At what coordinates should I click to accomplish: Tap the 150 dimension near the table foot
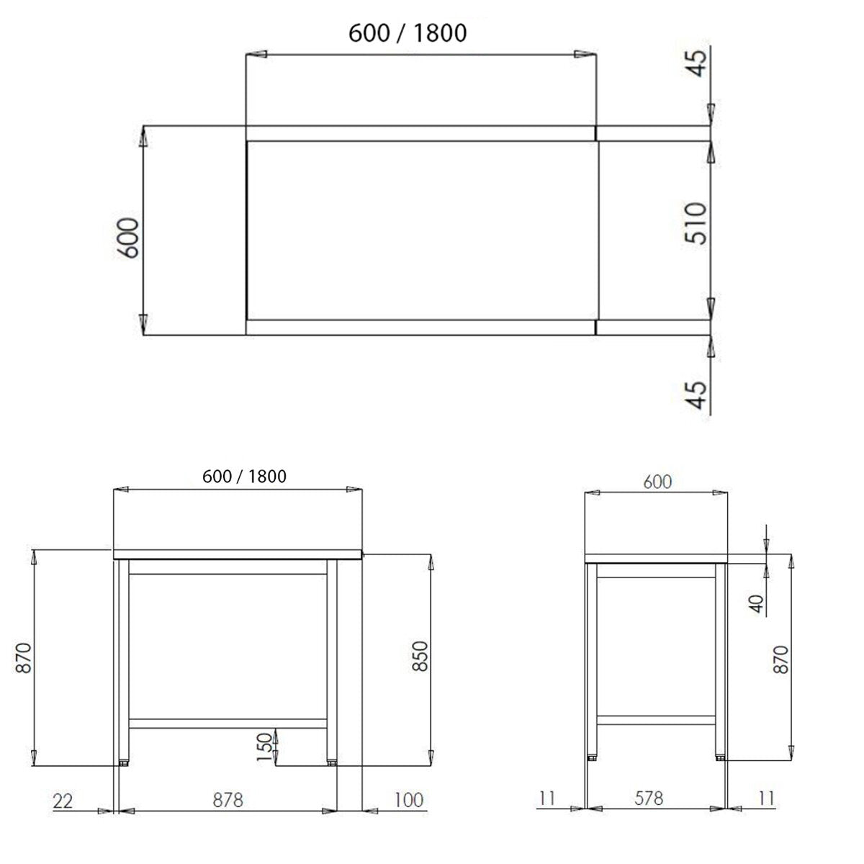pyautogui.click(x=266, y=747)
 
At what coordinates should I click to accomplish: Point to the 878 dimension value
pyautogui.click(x=228, y=799)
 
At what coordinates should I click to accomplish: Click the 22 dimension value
pyautogui.click(x=64, y=800)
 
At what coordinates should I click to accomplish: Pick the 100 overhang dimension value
pyautogui.click(x=408, y=799)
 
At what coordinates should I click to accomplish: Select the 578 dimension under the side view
pyautogui.click(x=648, y=798)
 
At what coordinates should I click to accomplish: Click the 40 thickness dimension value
pyautogui.click(x=756, y=603)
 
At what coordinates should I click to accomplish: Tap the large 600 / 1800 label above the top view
pyautogui.click(x=408, y=32)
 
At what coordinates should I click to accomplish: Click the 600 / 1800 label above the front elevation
pyautogui.click(x=244, y=476)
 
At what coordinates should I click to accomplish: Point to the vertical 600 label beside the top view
pyautogui.click(x=128, y=237)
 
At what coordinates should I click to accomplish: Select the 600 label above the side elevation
pyautogui.click(x=657, y=482)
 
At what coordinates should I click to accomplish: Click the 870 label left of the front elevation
pyautogui.click(x=24, y=657)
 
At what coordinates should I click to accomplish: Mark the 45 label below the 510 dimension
pyautogui.click(x=697, y=394)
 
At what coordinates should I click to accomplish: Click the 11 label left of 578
pyautogui.click(x=548, y=798)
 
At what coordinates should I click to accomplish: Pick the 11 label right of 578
pyautogui.click(x=766, y=798)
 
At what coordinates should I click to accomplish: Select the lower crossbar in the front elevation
pyautogui.click(x=228, y=723)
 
